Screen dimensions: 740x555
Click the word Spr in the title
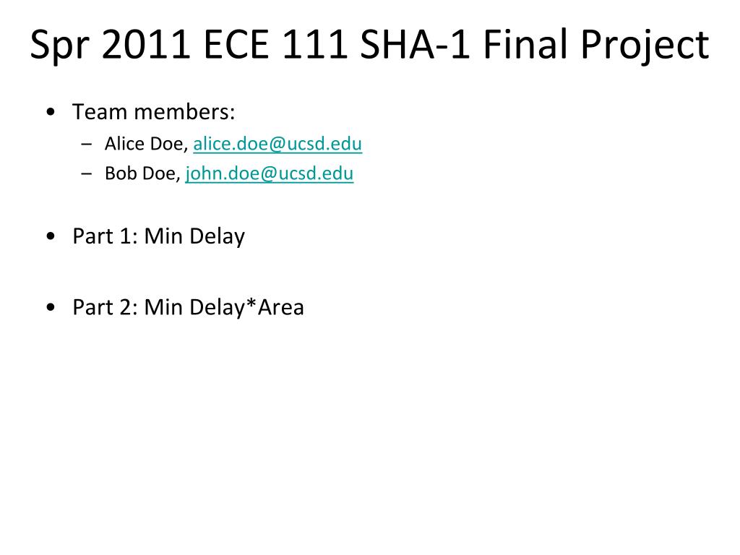point(59,46)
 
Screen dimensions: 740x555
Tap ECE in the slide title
point(236,44)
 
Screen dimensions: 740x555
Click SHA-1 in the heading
point(415,44)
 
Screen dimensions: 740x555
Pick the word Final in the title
point(525,44)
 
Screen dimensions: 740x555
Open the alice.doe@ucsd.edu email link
point(277,144)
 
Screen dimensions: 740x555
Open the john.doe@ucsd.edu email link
point(269,173)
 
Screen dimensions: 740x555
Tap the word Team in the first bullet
point(100,112)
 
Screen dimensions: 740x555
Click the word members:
point(184,112)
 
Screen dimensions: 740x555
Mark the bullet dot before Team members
point(51,112)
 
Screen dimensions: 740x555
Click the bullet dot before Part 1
point(51,236)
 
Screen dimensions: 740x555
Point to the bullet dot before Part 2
point(51,307)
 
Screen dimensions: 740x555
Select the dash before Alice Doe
point(87,145)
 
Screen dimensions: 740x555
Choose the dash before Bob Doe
point(87,174)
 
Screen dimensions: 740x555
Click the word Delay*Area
point(247,307)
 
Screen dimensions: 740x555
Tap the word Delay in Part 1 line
point(217,236)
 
